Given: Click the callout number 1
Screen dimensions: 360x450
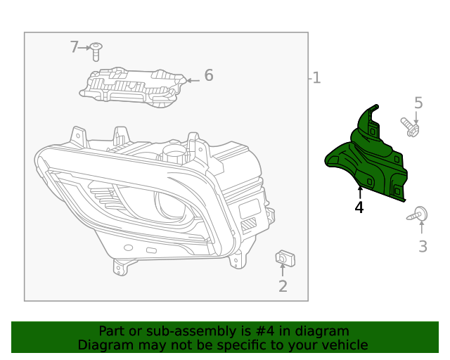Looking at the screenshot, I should coord(316,78).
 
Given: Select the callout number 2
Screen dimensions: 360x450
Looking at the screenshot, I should coord(283,286).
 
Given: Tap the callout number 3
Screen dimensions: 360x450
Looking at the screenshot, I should coord(423,246).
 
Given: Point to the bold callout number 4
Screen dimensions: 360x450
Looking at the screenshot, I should coord(359,207).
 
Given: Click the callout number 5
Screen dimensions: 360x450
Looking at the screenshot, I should coord(418,103).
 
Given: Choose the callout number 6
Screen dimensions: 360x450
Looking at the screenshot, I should coord(208,75).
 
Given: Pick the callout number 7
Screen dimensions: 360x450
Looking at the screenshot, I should coord(75,47).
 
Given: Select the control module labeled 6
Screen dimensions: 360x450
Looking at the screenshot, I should coord(134,87).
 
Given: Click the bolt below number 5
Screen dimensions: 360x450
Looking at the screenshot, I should coord(411,127).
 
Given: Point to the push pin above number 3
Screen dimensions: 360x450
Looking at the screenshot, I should coord(418,214).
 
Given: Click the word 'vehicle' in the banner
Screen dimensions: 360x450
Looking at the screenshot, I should coord(344,345).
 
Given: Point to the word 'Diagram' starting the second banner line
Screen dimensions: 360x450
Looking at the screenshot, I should coord(104,345).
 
